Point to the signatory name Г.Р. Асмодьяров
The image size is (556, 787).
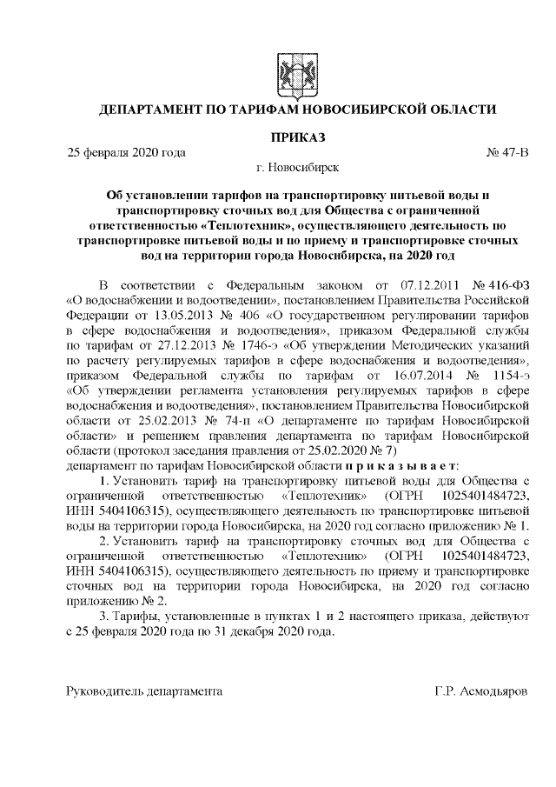pyautogui.click(x=480, y=691)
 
